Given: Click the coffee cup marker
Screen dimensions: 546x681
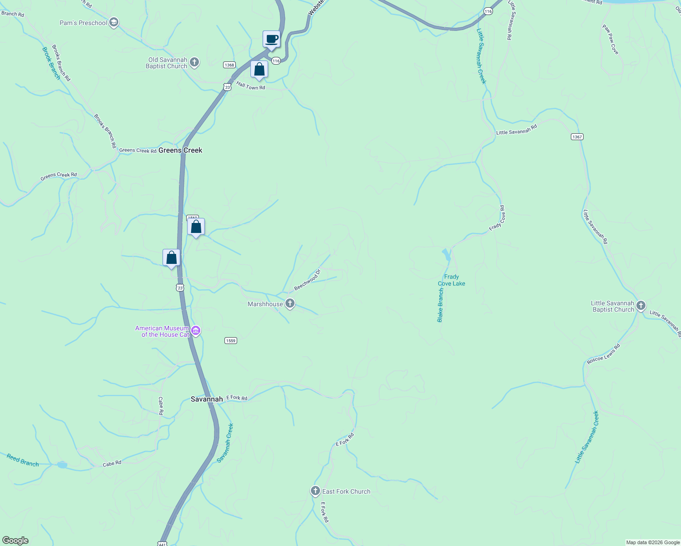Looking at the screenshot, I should pos(271,39).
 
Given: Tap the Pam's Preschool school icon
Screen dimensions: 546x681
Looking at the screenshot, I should pos(114,23).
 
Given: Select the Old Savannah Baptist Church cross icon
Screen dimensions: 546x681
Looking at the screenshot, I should pos(194,62).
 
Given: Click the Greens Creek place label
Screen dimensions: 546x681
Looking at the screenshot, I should pos(180,150).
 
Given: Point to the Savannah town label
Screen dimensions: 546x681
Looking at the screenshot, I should pos(207,399).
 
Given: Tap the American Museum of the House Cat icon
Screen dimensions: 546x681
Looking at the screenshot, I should pos(196,331).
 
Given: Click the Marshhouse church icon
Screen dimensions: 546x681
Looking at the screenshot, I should pos(290,303).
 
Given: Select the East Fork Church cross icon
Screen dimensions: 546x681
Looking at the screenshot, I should pos(315,491).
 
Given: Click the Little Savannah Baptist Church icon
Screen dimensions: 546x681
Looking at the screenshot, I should pos(641,305).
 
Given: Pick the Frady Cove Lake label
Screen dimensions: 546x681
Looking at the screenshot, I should pos(451,280).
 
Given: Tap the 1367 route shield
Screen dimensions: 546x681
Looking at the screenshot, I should pos(577,137).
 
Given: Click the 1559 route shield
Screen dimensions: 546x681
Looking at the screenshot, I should pos(231,340).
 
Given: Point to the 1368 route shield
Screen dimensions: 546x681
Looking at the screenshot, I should pos(229,65).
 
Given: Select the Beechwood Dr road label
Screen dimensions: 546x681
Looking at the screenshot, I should pos(307,280).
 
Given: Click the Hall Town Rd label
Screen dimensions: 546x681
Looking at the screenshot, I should pos(250,86).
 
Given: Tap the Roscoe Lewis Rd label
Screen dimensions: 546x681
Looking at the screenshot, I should pos(603,354).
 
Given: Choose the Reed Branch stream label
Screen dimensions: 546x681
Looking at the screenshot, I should pos(23,460).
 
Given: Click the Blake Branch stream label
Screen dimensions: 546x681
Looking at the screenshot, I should pos(440,305).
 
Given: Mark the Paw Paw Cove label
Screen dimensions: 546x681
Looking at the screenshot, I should pos(610,40).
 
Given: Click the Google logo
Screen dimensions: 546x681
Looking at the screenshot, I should pos(15,541).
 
